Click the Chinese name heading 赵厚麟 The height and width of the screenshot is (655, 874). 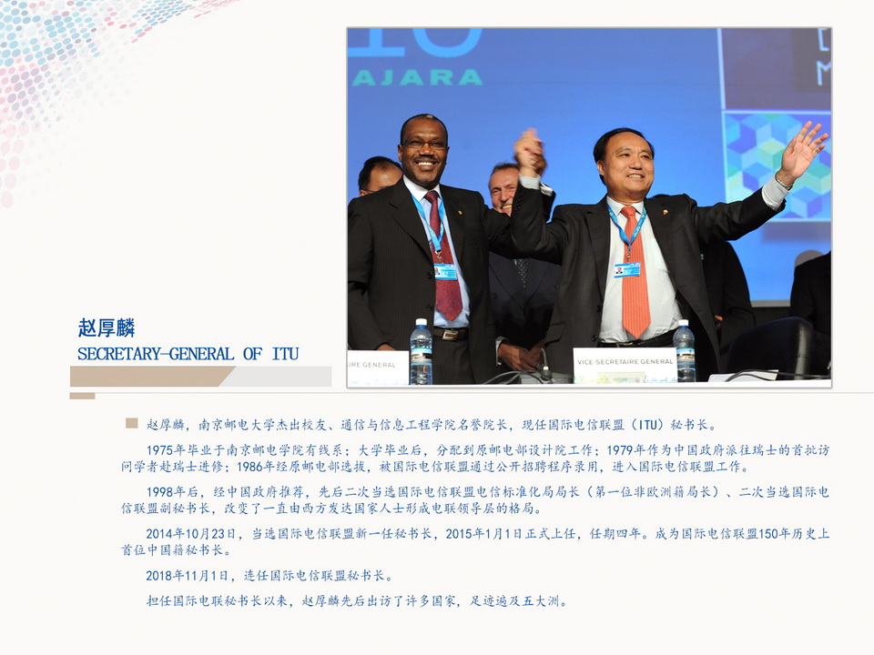pyautogui.click(x=107, y=327)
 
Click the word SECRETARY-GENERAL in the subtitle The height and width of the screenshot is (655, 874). pyautogui.click(x=156, y=354)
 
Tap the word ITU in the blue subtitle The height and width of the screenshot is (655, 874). pyautogui.click(x=285, y=354)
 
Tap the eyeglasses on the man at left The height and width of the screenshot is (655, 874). pyautogui.click(x=424, y=144)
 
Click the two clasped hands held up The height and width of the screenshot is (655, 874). pyautogui.click(x=530, y=152)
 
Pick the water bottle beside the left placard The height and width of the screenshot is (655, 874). pyautogui.click(x=421, y=351)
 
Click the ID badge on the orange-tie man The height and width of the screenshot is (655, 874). pyautogui.click(x=627, y=269)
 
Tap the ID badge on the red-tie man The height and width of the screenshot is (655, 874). pyautogui.click(x=445, y=271)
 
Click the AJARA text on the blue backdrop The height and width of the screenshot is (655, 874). pyautogui.click(x=417, y=77)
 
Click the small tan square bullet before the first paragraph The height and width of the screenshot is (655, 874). pyautogui.click(x=131, y=423)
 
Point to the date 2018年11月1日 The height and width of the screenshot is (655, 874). pyautogui.click(x=188, y=575)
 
